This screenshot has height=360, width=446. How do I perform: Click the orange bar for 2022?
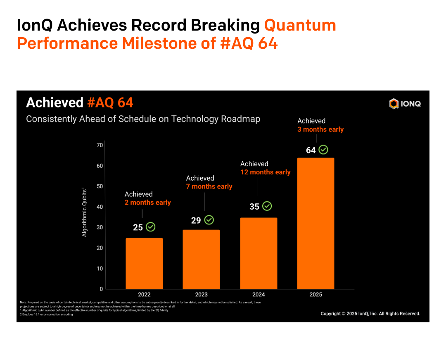144,263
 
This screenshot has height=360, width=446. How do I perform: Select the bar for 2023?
201,259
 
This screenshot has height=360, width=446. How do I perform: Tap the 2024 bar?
259,253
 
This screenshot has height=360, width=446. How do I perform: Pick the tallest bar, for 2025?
316,223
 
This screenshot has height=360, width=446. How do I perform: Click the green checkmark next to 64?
323,150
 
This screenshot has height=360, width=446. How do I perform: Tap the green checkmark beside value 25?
150,227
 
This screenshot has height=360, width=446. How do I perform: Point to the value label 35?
254,206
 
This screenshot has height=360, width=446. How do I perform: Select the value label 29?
196,220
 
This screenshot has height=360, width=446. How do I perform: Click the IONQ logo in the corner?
405,104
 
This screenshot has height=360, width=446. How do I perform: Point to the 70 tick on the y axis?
100,145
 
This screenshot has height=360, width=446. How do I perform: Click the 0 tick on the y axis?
101,289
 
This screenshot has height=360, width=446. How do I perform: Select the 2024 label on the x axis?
259,295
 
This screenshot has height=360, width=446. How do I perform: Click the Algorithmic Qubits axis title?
85,212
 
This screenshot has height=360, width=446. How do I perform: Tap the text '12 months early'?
266,172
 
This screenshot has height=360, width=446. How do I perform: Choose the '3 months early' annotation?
320,129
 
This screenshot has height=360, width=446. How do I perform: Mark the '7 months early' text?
209,186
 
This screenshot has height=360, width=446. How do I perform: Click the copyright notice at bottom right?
370,314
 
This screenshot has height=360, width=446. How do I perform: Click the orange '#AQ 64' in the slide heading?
110,103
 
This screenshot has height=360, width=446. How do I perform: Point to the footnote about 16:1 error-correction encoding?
46,315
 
